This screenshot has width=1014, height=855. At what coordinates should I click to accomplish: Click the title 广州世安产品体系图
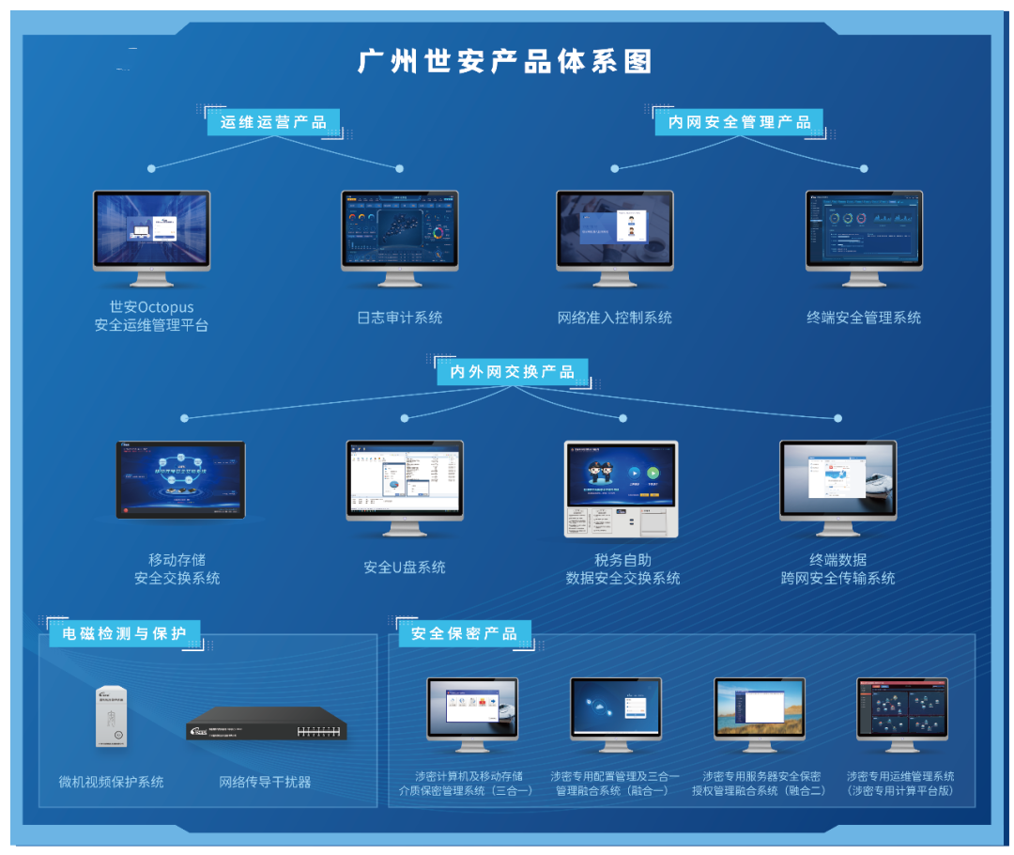[x=505, y=62]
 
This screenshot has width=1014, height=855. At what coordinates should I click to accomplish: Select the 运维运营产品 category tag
[x=273, y=122]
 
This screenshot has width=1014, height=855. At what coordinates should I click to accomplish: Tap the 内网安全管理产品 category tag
[x=739, y=122]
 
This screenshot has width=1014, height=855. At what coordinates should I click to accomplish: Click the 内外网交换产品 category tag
[x=512, y=372]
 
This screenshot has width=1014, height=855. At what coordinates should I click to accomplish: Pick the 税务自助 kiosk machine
[x=621, y=489]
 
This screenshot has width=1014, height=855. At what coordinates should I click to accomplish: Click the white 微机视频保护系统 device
[x=110, y=717]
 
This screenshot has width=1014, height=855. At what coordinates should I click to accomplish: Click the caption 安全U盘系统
[x=405, y=567]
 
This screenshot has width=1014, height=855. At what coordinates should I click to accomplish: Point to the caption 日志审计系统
[x=399, y=318]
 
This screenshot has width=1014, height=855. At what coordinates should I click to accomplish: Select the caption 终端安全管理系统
[x=864, y=318]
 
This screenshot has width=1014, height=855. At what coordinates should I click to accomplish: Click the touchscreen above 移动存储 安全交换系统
[x=180, y=479]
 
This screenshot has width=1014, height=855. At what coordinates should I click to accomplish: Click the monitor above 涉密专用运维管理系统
[x=901, y=709]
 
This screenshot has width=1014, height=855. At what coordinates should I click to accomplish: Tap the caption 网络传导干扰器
[x=265, y=782]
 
